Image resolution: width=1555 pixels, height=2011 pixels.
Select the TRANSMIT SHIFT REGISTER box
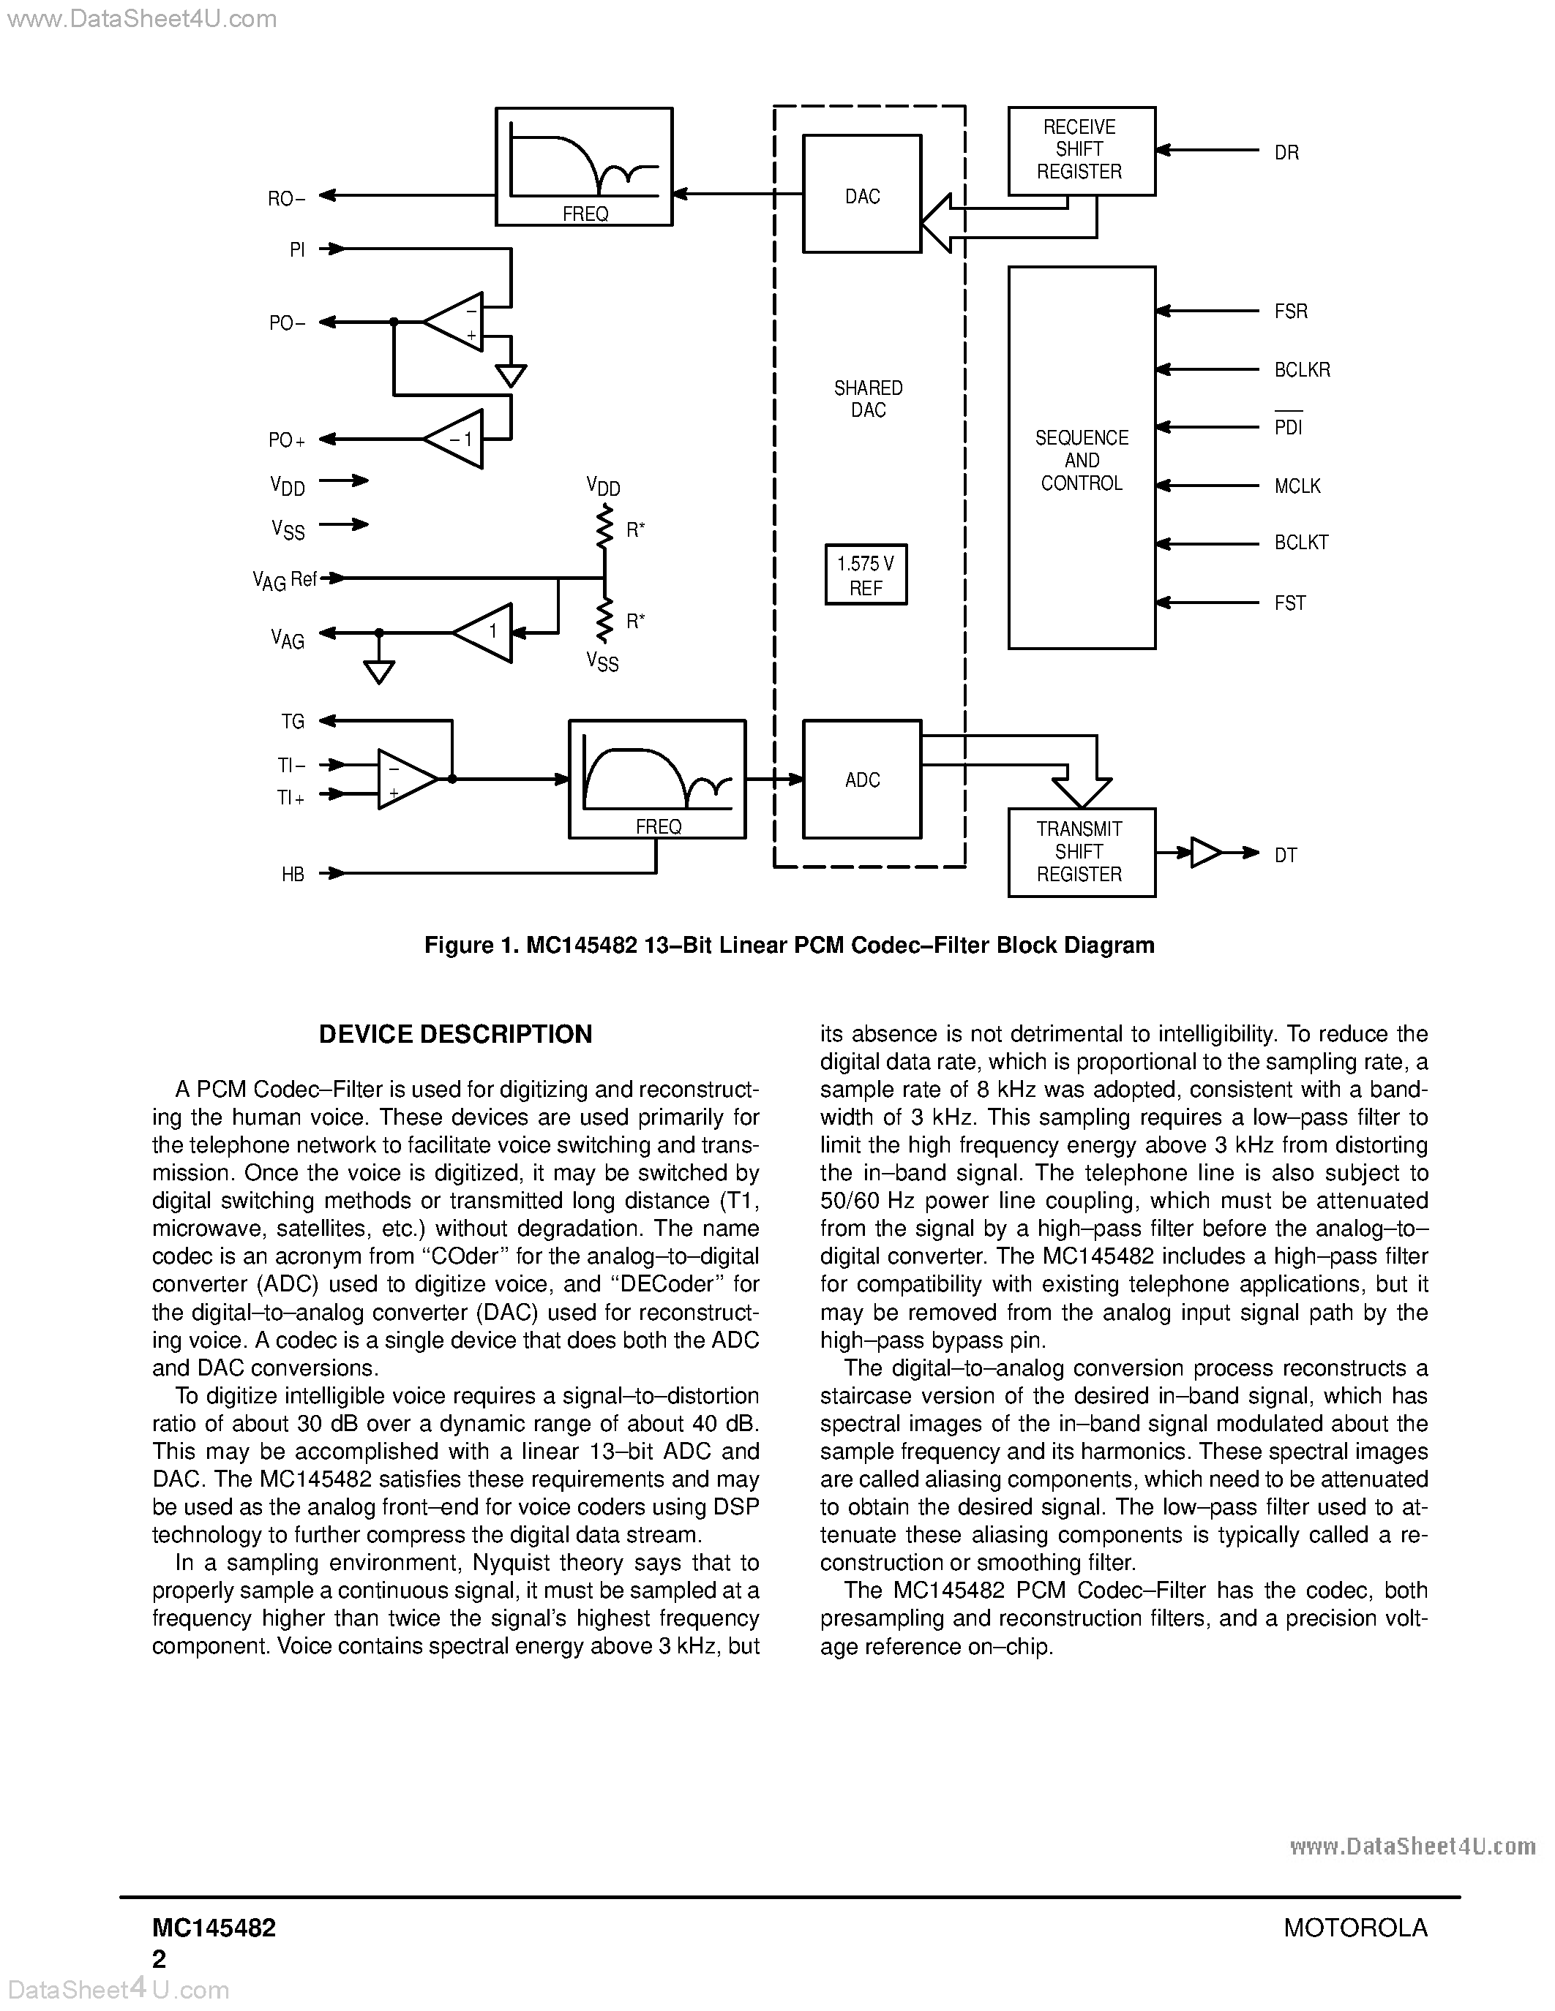click(x=1081, y=852)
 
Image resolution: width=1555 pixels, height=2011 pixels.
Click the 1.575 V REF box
click(x=865, y=576)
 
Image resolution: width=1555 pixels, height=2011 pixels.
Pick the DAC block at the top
click(x=861, y=195)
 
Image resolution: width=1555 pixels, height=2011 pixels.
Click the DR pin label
click(x=1286, y=153)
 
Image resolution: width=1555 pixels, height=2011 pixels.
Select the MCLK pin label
click(x=1296, y=486)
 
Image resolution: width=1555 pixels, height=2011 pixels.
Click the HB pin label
click(x=293, y=875)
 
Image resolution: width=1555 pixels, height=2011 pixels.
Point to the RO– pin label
click(x=285, y=198)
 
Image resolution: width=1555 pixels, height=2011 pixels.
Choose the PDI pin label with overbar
click(x=1288, y=427)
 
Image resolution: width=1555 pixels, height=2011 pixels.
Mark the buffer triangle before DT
click(x=1204, y=853)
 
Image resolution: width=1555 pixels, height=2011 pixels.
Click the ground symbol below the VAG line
click(x=378, y=671)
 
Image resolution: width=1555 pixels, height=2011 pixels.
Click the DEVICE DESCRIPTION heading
click(x=455, y=1034)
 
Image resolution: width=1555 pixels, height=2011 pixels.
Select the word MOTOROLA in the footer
click(x=1355, y=1927)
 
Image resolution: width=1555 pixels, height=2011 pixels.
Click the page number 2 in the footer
click(x=160, y=1958)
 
